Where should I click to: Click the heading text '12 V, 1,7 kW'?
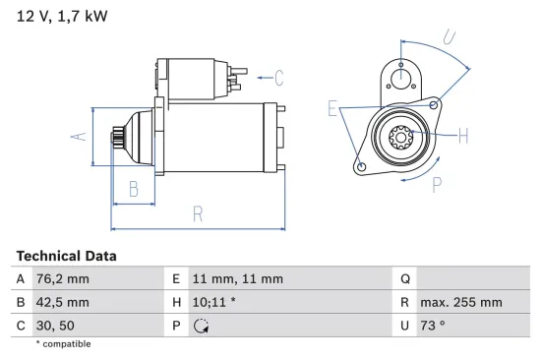[61, 17]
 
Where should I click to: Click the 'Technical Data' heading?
[66, 256]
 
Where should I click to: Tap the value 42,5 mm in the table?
[62, 302]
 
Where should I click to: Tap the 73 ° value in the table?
[434, 326]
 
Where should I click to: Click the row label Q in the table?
[404, 279]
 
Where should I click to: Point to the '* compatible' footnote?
[62, 344]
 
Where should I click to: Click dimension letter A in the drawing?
[83, 137]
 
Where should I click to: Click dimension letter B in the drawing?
[134, 189]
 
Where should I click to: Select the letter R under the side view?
[198, 212]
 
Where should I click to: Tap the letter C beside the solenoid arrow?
[278, 77]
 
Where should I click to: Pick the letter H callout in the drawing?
[463, 135]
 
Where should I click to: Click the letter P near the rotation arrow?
[437, 183]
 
